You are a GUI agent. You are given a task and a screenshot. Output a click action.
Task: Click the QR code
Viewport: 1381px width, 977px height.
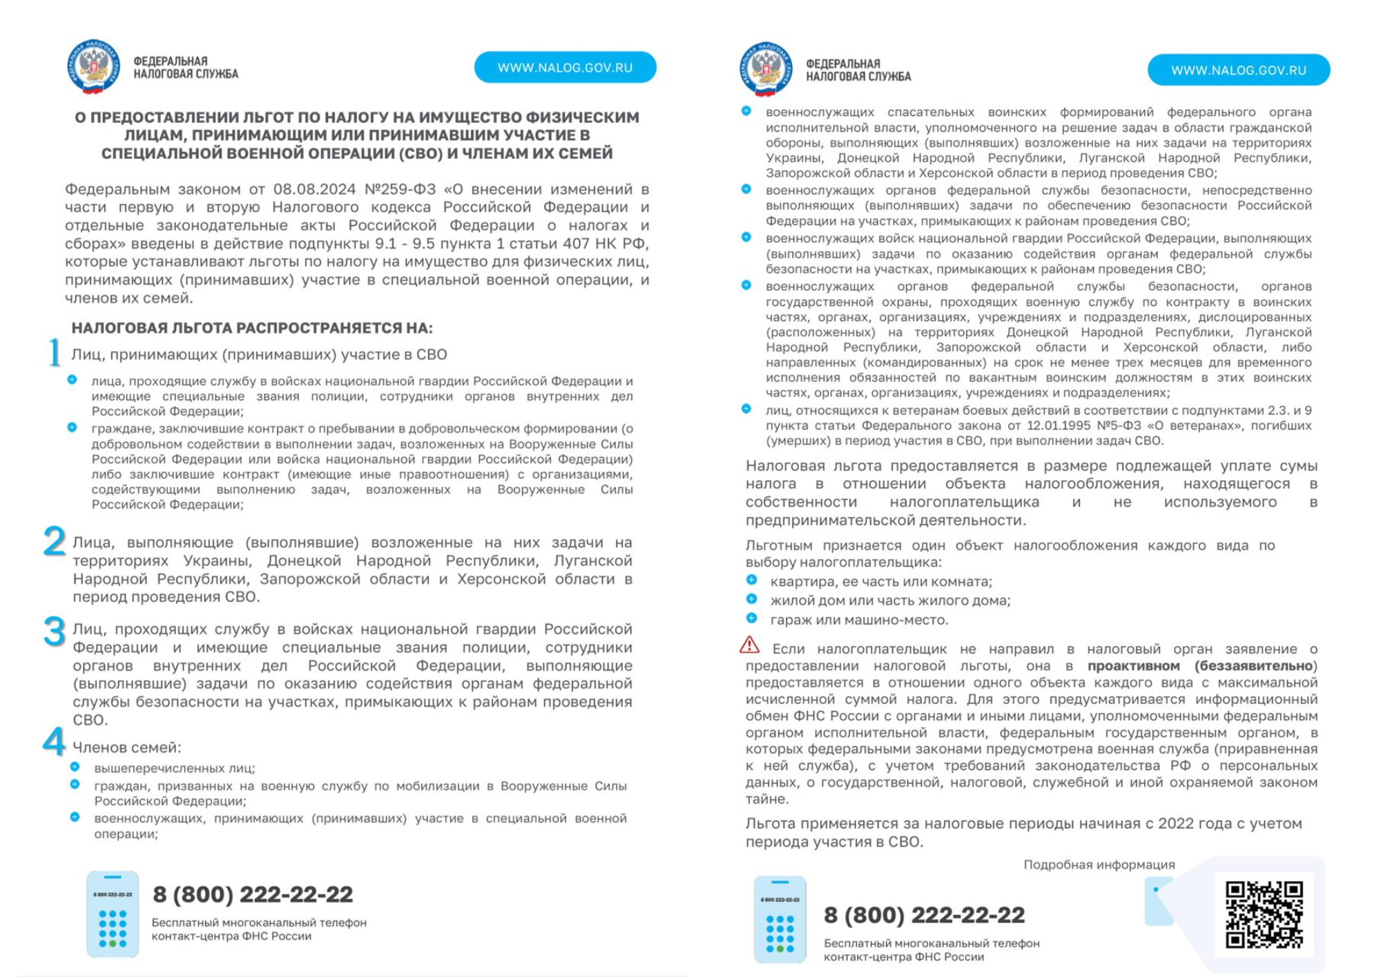coord(1264,913)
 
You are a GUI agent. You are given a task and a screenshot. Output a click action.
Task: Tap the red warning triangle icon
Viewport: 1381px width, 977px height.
coord(749,645)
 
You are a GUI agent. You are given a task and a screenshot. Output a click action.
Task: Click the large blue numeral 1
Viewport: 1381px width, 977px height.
coord(55,352)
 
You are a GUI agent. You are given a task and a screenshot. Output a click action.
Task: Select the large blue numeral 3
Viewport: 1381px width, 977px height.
coord(55,632)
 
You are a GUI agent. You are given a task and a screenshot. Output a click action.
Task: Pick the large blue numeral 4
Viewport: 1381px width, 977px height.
coord(54,741)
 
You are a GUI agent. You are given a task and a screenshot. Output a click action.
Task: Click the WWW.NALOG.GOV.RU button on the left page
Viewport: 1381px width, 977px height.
coord(565,68)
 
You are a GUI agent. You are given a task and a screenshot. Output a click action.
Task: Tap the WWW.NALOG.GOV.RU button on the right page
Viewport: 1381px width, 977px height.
coord(1238,70)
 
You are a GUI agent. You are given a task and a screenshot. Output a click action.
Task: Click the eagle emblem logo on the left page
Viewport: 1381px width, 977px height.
coord(94,67)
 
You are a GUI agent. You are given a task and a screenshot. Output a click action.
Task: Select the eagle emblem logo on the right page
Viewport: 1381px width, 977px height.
coord(766,70)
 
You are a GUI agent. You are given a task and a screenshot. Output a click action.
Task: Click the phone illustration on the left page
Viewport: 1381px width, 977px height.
coord(113,913)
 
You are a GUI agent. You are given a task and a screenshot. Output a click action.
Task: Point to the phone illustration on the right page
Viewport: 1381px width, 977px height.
coord(780,919)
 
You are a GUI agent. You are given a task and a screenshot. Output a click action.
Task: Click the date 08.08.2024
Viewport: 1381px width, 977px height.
coord(314,189)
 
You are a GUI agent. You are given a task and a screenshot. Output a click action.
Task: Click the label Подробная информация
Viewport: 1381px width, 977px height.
coord(1099,864)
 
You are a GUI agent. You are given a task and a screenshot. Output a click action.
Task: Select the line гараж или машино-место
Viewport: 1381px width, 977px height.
coord(859,620)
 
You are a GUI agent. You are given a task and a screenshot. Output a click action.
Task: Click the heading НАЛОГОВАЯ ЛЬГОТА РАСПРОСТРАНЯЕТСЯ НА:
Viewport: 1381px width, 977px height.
coord(252,328)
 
